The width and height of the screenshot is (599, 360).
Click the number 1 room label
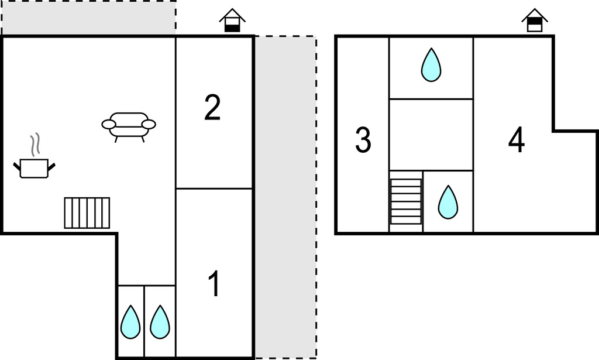point(215,284)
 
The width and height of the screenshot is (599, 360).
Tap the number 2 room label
point(212,108)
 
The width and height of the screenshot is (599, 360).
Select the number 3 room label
point(363,140)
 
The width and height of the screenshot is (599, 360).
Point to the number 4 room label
point(517,140)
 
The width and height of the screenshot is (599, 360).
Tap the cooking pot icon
point(34,168)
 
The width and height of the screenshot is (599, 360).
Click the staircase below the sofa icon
point(87,213)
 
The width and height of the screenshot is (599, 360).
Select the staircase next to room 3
point(406,201)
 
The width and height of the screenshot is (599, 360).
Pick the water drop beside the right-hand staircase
point(448,202)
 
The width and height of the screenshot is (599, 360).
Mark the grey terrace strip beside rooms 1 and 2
point(285,196)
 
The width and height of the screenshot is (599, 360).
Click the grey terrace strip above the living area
point(88,18)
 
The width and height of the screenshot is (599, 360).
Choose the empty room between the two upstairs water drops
point(431,135)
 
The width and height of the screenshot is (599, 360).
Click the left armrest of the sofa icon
point(109,124)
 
